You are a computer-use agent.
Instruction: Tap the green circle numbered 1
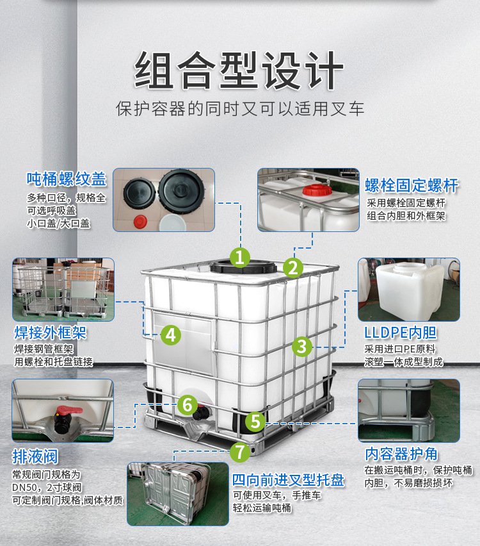pyautogui.click(x=239, y=258)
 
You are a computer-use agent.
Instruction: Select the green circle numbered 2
pyautogui.click(x=293, y=267)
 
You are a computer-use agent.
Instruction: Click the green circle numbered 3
pyautogui.click(x=302, y=347)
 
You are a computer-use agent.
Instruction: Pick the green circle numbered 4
pyautogui.click(x=170, y=334)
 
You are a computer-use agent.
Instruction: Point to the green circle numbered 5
pyautogui.click(x=255, y=421)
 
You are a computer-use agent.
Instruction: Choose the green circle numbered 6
pyautogui.click(x=187, y=404)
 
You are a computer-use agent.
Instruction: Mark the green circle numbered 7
pyautogui.click(x=239, y=452)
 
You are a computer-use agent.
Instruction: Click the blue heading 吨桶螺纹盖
pyautogui.click(x=66, y=179)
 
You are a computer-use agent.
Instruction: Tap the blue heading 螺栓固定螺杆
pyautogui.click(x=412, y=186)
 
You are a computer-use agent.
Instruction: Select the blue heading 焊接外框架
pyautogui.click(x=49, y=333)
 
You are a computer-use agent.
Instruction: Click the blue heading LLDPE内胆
pyautogui.click(x=400, y=333)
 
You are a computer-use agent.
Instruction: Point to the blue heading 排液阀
pyautogui.click(x=35, y=457)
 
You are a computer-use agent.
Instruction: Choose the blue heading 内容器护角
pyautogui.click(x=401, y=454)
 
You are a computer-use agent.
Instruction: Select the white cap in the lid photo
pyautogui.click(x=171, y=222)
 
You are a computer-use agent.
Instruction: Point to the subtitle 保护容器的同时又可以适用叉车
pyautogui.click(x=239, y=108)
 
